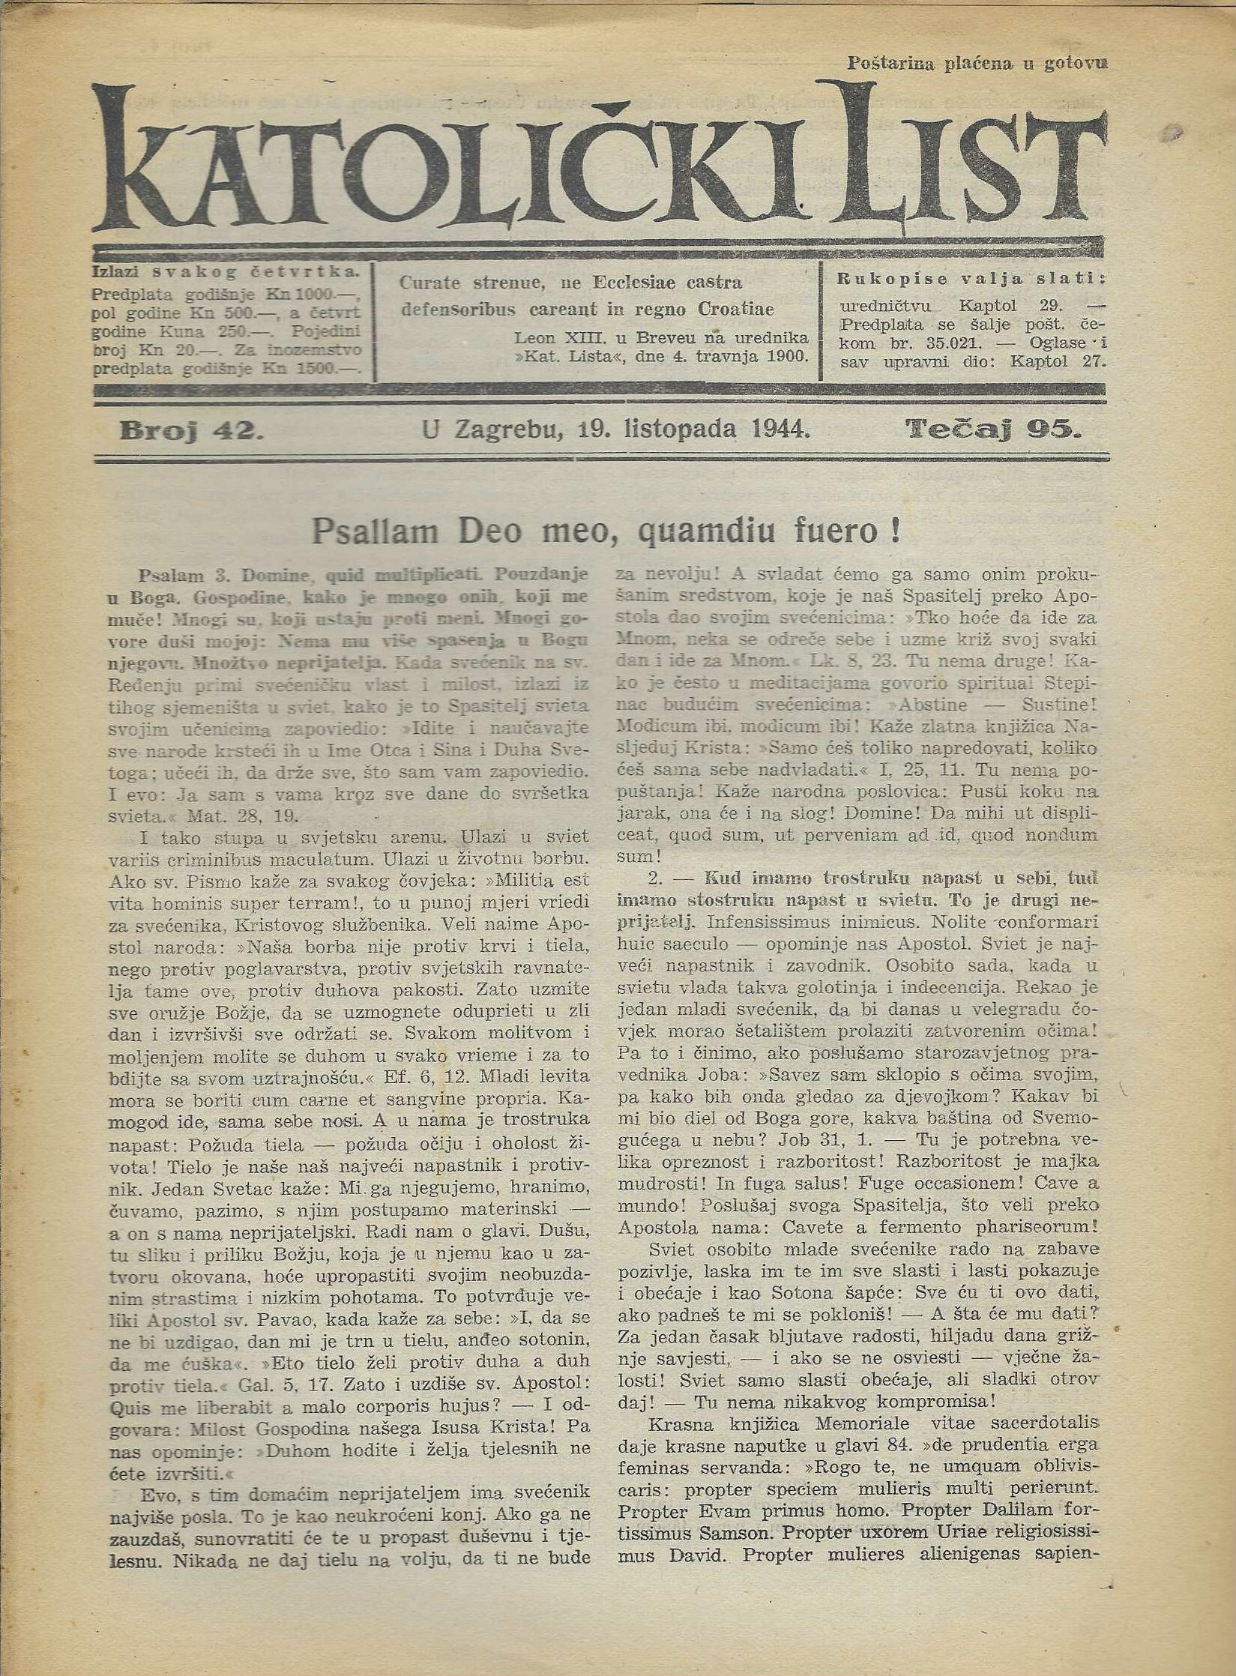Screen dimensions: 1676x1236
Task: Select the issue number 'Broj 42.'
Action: coord(191,430)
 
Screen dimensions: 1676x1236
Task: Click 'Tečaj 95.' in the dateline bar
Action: coord(994,429)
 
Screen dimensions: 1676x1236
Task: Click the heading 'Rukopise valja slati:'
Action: coord(971,279)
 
